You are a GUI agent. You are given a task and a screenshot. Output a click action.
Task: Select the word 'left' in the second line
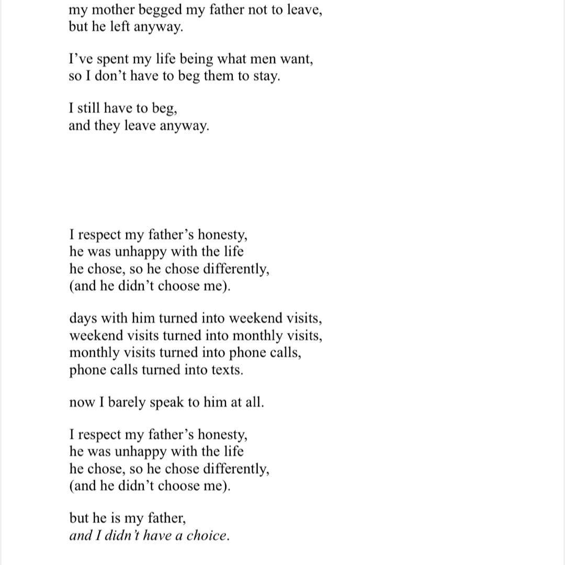120,27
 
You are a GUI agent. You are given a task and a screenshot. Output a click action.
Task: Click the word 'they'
107,126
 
